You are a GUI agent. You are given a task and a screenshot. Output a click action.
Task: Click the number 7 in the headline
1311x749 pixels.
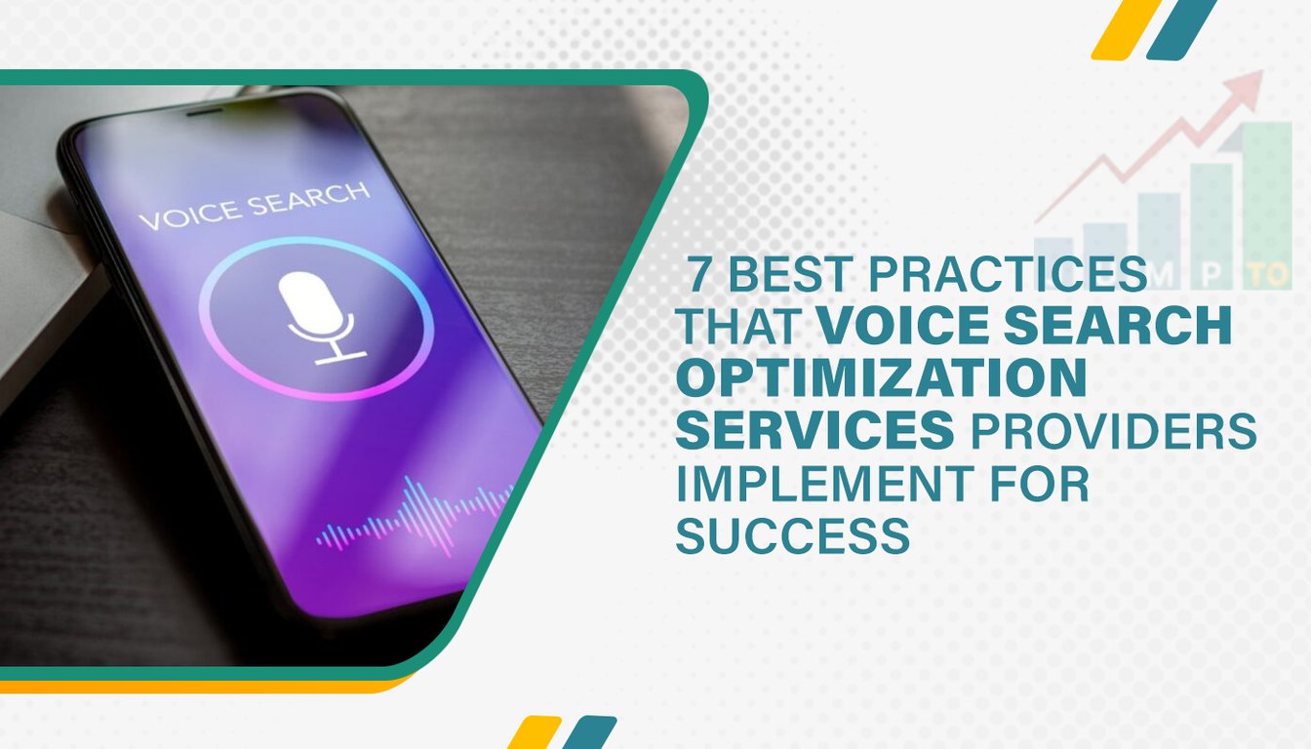click(698, 274)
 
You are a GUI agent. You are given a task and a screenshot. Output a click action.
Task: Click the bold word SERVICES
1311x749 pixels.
click(815, 430)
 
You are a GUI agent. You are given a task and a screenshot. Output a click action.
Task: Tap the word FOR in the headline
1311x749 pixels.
click(1040, 484)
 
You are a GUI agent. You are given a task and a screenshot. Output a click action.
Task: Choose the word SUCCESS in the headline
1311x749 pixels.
click(793, 535)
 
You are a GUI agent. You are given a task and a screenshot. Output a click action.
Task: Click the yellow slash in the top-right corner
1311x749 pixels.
click(1124, 29)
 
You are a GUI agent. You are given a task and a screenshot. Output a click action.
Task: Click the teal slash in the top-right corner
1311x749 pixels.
click(1181, 29)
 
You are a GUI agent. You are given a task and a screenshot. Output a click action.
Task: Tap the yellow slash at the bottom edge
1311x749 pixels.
click(534, 732)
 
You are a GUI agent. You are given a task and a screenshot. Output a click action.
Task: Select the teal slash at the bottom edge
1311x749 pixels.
click(589, 732)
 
